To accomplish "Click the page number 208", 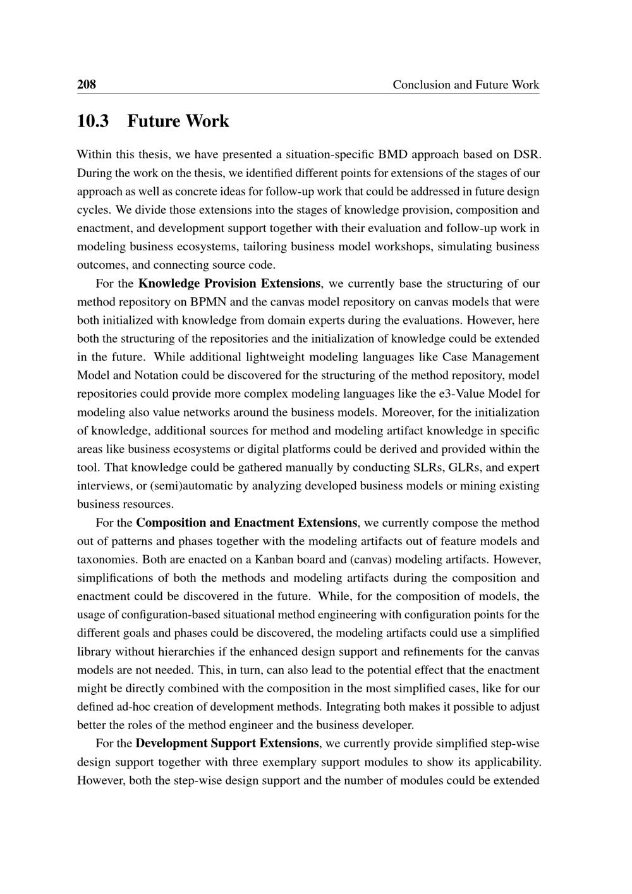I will coord(86,84).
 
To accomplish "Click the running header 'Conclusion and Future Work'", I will coord(466,85).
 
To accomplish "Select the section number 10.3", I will coord(92,121).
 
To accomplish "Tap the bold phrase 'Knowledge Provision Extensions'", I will coord(229,283).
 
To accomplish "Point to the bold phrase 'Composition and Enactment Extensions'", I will coord(246,523).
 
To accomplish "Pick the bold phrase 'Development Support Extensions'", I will coord(228,743).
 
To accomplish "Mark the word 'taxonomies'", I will coord(107,560).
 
